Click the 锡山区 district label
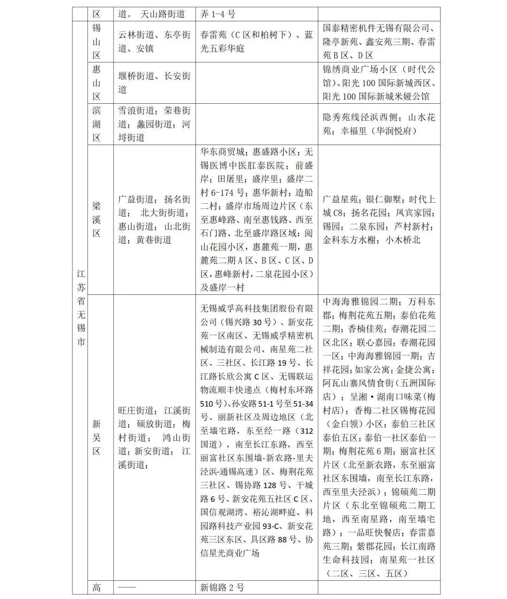coord(96,41)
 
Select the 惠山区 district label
coord(96,83)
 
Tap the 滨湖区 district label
coord(96,124)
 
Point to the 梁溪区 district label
coord(96,219)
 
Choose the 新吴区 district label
coord(96,438)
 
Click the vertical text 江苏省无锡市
coord(81,307)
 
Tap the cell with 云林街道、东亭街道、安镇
coord(154,41)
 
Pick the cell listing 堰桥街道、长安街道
coord(154,83)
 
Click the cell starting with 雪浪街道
coord(154,124)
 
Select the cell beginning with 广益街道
coord(154,219)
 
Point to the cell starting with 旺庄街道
coord(154,438)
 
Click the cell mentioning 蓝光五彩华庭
coord(256,41)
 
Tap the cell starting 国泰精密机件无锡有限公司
coord(379,41)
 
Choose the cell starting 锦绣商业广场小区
coord(379,83)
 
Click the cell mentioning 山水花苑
coord(379,124)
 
